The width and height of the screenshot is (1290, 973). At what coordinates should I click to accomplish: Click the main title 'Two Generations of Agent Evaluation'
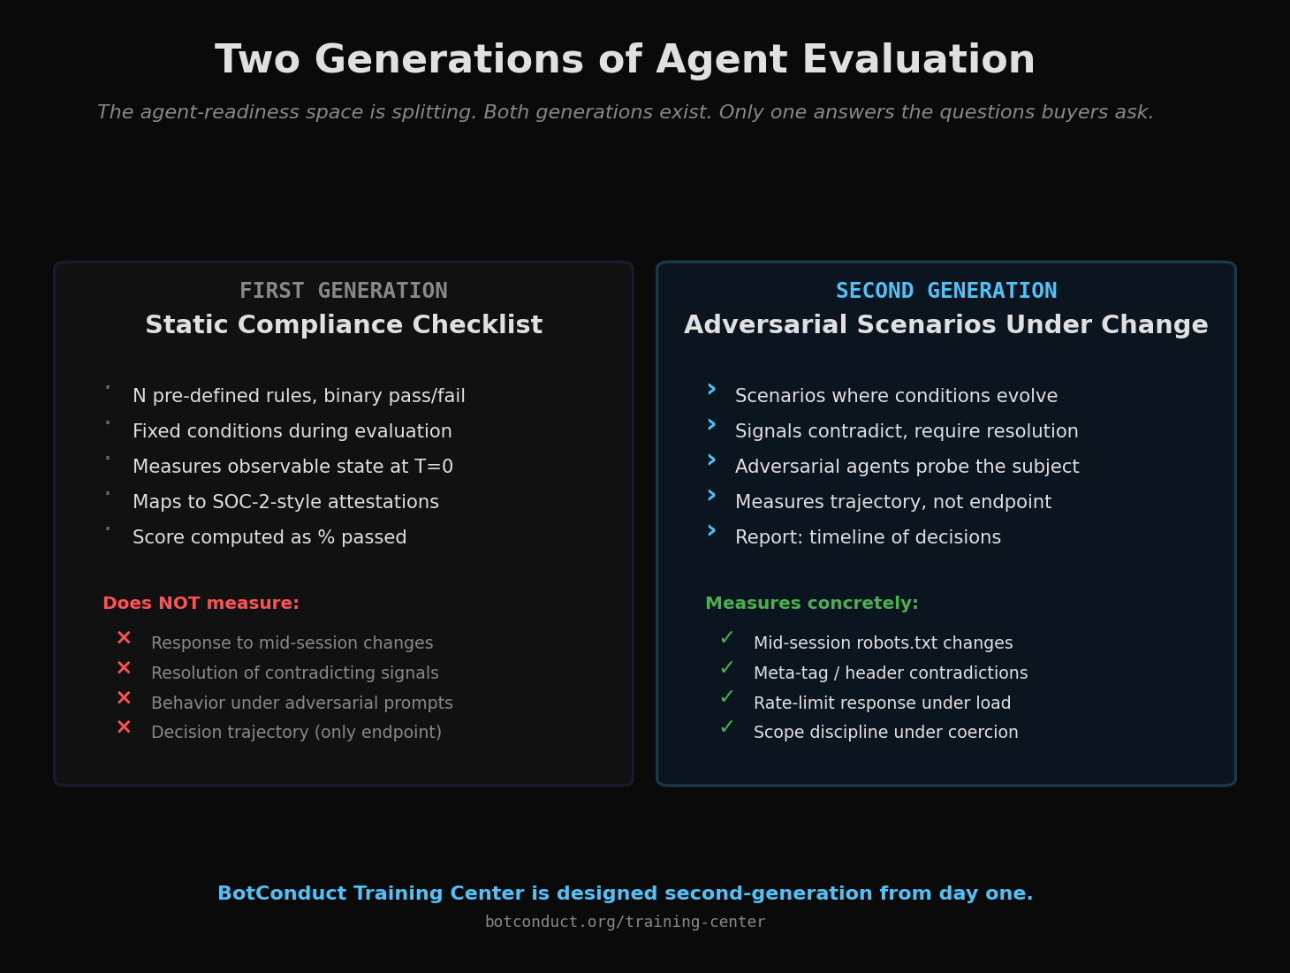(625, 61)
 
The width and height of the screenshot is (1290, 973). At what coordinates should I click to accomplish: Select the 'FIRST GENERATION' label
(344, 291)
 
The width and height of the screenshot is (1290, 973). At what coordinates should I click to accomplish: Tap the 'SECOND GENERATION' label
(945, 291)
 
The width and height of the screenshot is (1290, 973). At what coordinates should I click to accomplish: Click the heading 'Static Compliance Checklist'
(344, 325)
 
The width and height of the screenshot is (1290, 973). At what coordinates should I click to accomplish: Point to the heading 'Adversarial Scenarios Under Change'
(945, 325)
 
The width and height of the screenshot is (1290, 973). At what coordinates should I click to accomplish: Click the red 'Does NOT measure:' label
(201, 604)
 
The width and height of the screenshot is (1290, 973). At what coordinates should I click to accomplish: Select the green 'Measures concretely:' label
(811, 604)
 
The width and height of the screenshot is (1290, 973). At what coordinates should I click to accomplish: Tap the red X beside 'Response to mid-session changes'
(124, 638)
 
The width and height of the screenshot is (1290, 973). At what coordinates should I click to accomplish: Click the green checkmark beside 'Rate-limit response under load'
(726, 697)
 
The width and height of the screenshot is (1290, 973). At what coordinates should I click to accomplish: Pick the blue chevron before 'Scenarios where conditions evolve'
(711, 390)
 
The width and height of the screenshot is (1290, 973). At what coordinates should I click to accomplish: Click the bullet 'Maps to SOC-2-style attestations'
(285, 502)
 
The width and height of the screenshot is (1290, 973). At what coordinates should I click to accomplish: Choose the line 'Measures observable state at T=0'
(292, 467)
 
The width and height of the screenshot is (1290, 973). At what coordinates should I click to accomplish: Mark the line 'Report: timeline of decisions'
(868, 537)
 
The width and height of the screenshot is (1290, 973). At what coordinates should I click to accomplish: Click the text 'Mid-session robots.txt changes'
(883, 643)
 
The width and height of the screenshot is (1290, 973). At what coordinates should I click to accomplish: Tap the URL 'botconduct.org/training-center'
(625, 922)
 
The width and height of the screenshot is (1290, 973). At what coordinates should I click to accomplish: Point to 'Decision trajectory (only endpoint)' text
(296, 733)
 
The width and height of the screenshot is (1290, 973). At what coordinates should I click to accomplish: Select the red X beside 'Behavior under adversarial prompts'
(124, 698)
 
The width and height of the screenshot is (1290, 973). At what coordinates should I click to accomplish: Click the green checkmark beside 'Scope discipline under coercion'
(726, 727)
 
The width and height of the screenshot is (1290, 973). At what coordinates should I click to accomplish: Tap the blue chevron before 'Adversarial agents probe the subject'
(711, 460)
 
